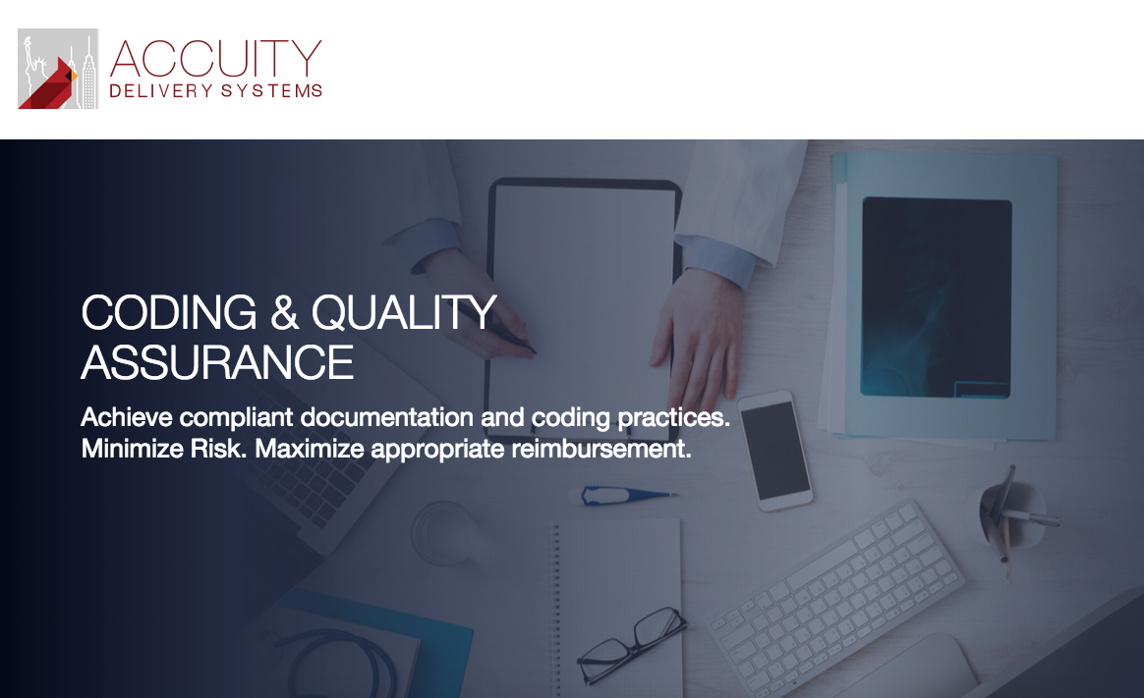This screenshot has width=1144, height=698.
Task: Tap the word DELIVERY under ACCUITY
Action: (161, 90)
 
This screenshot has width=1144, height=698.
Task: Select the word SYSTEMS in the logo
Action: (271, 90)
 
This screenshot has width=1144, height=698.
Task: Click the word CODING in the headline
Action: (168, 312)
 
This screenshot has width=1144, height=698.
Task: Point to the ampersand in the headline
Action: (285, 312)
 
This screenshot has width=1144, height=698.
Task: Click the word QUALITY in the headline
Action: (404, 312)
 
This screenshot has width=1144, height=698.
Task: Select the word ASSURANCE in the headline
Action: (217, 363)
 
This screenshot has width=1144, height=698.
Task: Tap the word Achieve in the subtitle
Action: (127, 417)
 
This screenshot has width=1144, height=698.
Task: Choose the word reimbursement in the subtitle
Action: (601, 449)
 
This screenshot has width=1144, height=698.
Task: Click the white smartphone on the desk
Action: (774, 451)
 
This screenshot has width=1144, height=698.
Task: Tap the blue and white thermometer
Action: (624, 496)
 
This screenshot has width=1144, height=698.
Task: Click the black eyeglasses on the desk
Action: (631, 645)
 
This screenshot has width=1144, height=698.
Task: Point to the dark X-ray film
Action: (936, 297)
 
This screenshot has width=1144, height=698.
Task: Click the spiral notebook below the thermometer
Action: (617, 608)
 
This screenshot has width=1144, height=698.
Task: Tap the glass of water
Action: (446, 533)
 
